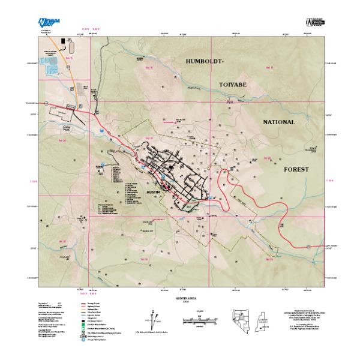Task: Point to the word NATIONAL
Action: tap(279, 122)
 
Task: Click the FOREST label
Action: tap(296, 170)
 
